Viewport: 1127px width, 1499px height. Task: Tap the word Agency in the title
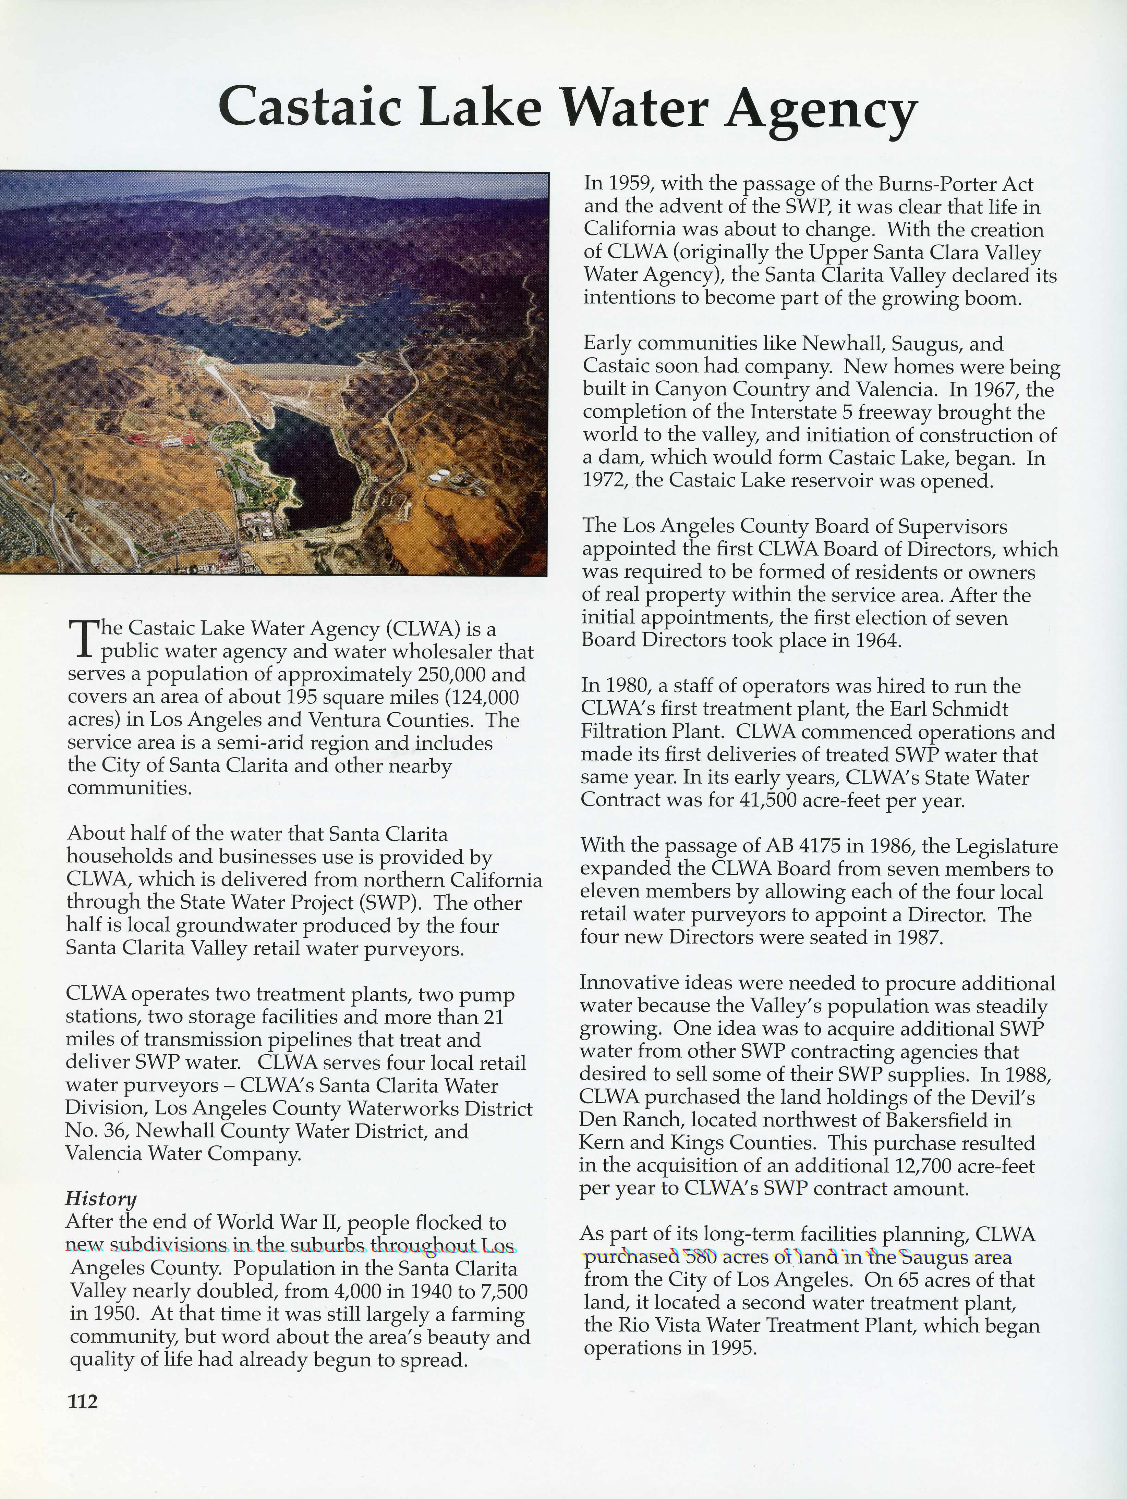point(821,110)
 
